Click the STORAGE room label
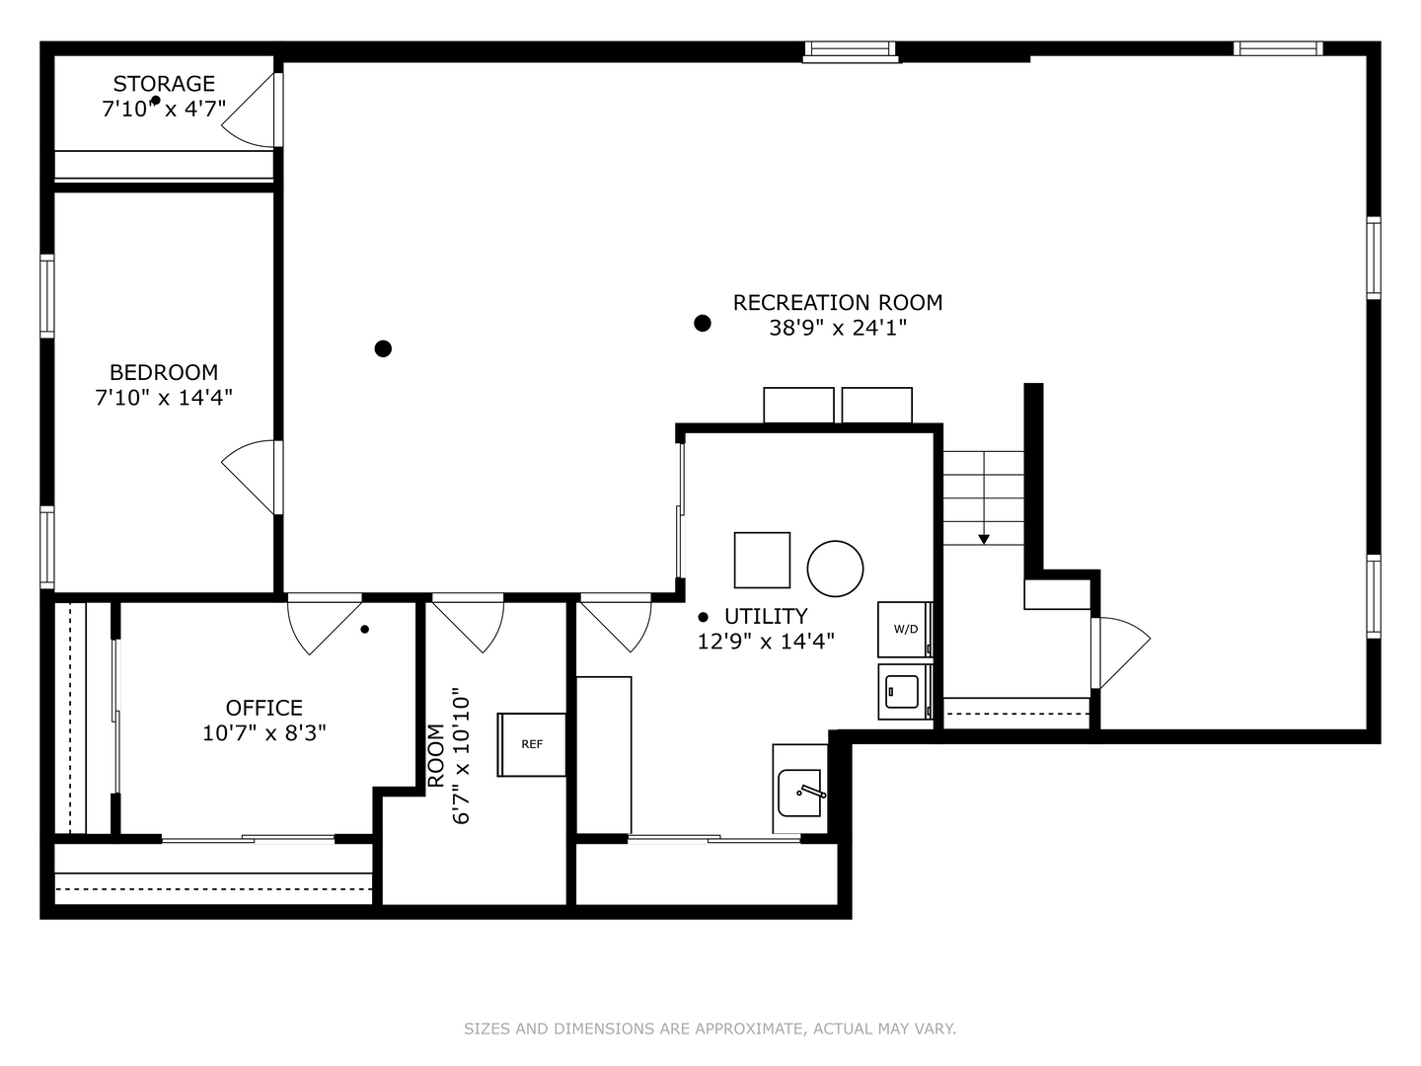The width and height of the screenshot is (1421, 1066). point(164,84)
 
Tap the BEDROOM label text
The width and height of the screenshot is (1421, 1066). point(164,372)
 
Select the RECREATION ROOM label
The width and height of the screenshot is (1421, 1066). point(837,302)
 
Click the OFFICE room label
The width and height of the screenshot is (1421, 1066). point(263,708)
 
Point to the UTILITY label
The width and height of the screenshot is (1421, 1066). point(765,616)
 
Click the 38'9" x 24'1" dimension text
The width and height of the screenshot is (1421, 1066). point(837,328)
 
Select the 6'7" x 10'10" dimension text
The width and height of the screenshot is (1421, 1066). point(462,757)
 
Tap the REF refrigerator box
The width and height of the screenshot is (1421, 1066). point(532,744)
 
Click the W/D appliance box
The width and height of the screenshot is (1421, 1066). point(905,629)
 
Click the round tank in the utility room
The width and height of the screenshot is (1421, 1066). point(835,569)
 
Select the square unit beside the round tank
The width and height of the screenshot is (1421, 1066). point(762,560)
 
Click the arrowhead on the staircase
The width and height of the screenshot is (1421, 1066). point(983,539)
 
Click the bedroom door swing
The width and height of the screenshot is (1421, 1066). point(249,476)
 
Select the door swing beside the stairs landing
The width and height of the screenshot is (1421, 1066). point(1122,651)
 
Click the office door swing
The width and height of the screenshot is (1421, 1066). point(324,623)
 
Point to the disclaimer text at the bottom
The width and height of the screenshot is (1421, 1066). point(710,1028)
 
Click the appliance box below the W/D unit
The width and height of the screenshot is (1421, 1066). point(904,691)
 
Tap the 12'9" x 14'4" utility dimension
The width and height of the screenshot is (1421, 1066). point(766,642)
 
